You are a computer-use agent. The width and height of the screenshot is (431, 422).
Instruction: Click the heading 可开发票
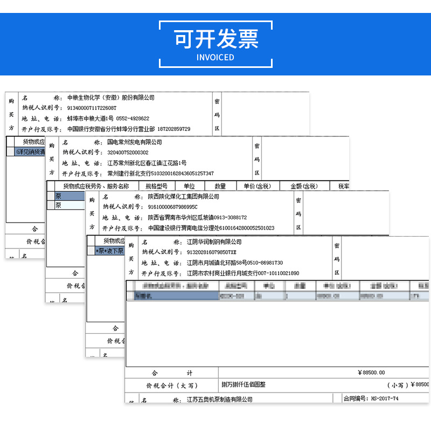pyautogui.click(x=215, y=38)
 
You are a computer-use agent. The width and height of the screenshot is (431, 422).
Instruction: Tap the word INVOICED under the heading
pyautogui.click(x=215, y=57)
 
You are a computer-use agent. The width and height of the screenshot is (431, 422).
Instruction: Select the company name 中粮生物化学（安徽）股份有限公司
pyautogui.click(x=111, y=98)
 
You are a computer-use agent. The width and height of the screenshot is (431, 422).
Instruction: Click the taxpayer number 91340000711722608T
pyautogui.click(x=92, y=108)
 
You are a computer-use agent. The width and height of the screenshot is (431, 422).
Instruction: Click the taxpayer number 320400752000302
pyautogui.click(x=128, y=153)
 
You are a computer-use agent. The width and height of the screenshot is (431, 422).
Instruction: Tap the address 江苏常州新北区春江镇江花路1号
pyautogui.click(x=147, y=163)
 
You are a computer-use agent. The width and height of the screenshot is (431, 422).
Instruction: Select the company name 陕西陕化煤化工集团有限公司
pyautogui.click(x=184, y=197)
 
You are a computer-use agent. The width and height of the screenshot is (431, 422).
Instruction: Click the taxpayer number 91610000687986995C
pyautogui.click(x=173, y=207)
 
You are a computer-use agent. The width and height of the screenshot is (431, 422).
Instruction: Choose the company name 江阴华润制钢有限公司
pyautogui.click(x=214, y=242)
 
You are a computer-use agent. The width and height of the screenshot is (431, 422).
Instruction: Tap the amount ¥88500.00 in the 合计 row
pyautogui.click(x=371, y=372)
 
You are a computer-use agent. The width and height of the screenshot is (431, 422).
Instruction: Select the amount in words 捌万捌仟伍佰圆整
pyautogui.click(x=244, y=385)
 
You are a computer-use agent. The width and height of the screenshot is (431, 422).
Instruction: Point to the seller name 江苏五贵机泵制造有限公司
pyautogui.click(x=219, y=400)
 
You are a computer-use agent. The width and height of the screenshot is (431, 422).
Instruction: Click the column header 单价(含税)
pyautogui.click(x=257, y=186)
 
